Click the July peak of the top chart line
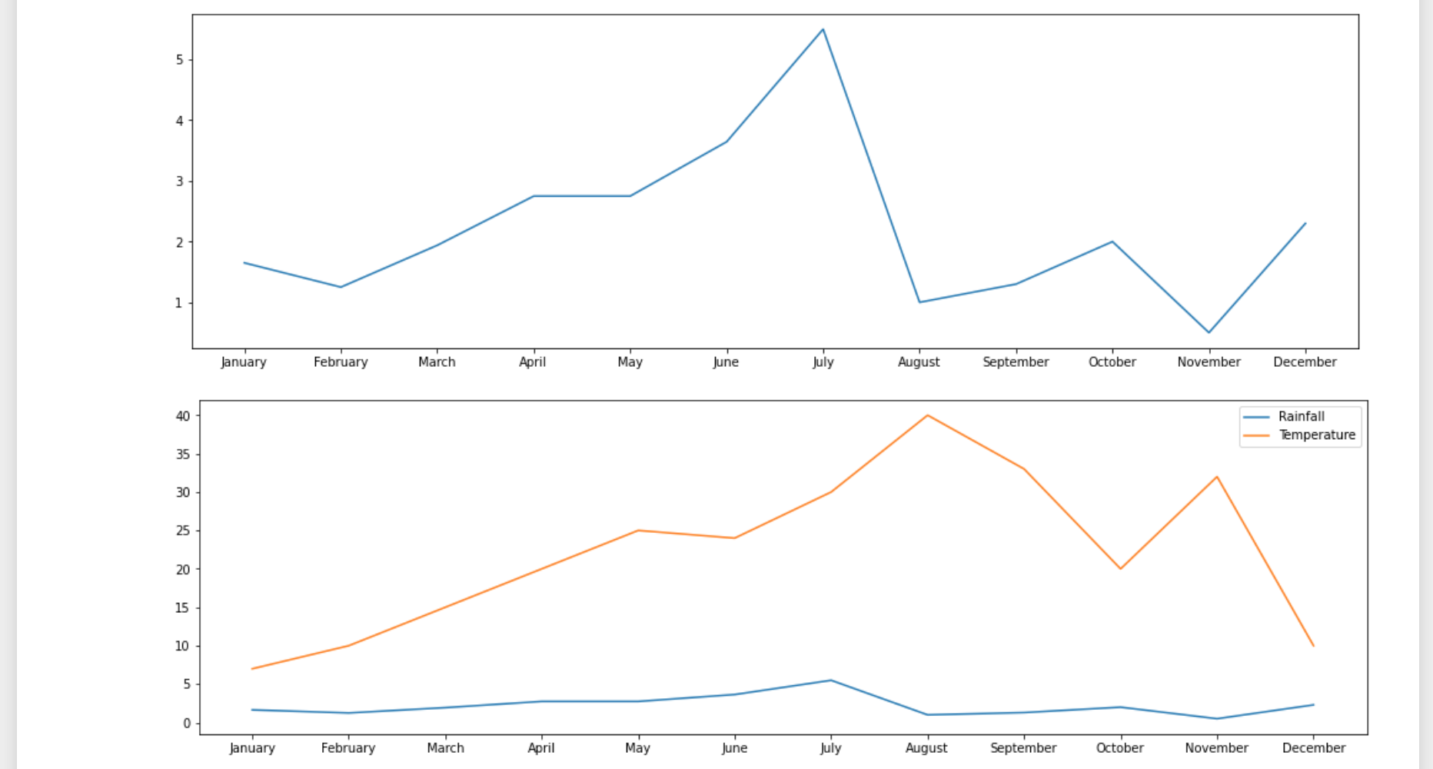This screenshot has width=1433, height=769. pos(823,30)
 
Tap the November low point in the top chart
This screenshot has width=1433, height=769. pos(1209,332)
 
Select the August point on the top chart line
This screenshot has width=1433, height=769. pos(919,301)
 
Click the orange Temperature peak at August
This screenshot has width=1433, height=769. pos(928,415)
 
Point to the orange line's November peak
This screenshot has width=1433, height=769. pos(1217,477)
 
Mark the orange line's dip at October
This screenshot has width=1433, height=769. pos(1120,568)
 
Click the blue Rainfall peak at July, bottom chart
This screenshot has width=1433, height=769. pos(831,680)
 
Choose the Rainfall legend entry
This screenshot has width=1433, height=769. pos(1301,416)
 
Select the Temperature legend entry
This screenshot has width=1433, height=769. pos(1316,434)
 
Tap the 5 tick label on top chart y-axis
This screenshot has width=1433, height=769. pos(179,59)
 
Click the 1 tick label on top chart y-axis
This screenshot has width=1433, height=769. pos(179,303)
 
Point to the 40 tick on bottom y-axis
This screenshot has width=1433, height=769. pos(182,416)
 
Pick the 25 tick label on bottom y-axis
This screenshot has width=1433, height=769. pos(182,531)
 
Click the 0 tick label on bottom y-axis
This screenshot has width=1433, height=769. pos(186,723)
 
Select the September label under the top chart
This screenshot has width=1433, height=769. pos(1016,361)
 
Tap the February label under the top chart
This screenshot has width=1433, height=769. pos(341,361)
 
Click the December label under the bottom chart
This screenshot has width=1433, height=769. pos(1313,747)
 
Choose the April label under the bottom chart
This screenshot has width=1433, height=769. pos(541,747)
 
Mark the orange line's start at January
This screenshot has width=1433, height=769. pos(252,668)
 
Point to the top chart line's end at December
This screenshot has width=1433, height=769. pos(1305,224)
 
